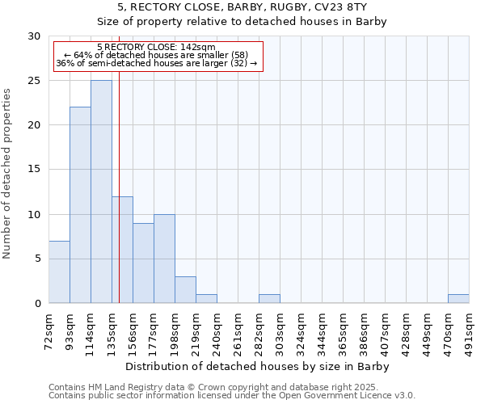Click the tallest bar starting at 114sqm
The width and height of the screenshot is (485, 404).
pos(101,191)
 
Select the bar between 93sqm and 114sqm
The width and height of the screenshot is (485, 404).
pos(80,205)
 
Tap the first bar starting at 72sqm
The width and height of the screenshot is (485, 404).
pos(59,271)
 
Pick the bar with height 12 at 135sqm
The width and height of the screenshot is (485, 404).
pos(122,250)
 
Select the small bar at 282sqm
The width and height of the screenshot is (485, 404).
pos(269,298)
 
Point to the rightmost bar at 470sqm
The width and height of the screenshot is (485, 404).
pos(458,298)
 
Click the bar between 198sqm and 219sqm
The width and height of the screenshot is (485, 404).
pos(185,289)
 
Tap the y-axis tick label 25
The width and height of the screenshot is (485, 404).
pos(34,81)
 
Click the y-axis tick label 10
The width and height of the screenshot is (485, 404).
pos(34,215)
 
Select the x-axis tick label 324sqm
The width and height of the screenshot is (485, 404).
pos(302,330)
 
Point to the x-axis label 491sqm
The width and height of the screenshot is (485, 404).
pos(470,330)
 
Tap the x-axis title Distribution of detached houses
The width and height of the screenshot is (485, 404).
pos(259,367)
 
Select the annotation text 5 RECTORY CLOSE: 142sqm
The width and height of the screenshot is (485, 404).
pos(156,47)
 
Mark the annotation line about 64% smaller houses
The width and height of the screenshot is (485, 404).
pos(156,55)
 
